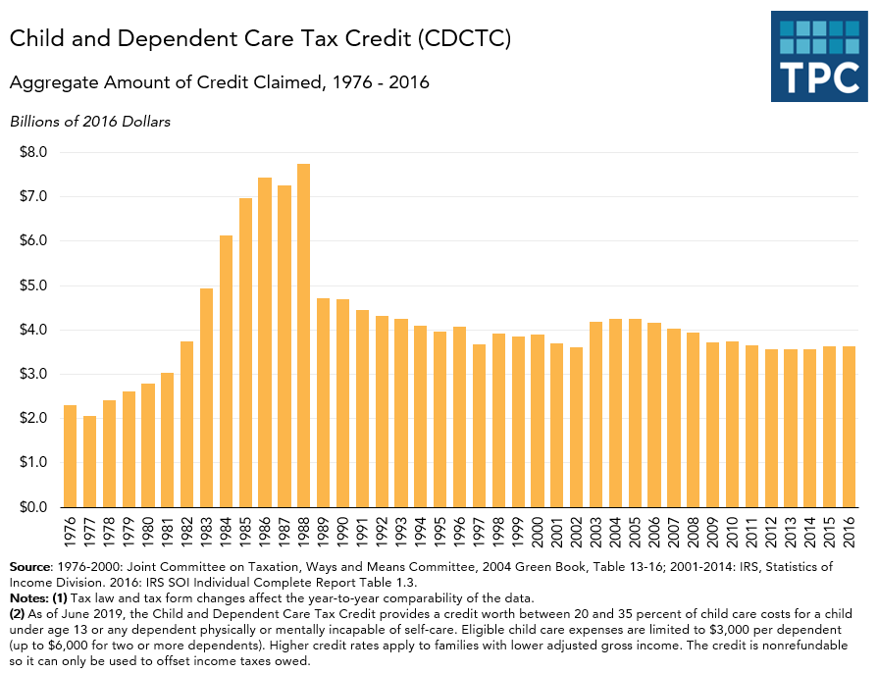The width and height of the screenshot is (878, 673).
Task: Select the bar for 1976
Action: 70,456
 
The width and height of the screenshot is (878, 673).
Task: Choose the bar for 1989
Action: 323,402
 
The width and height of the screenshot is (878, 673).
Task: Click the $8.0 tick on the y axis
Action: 34,152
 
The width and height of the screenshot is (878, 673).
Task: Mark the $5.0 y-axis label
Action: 34,285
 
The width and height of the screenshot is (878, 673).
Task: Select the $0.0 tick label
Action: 34,507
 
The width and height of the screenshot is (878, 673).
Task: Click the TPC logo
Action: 819,56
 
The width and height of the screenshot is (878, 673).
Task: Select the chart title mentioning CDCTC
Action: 260,39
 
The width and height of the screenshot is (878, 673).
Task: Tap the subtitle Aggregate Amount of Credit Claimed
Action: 220,82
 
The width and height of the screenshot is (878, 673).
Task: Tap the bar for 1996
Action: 459,417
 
